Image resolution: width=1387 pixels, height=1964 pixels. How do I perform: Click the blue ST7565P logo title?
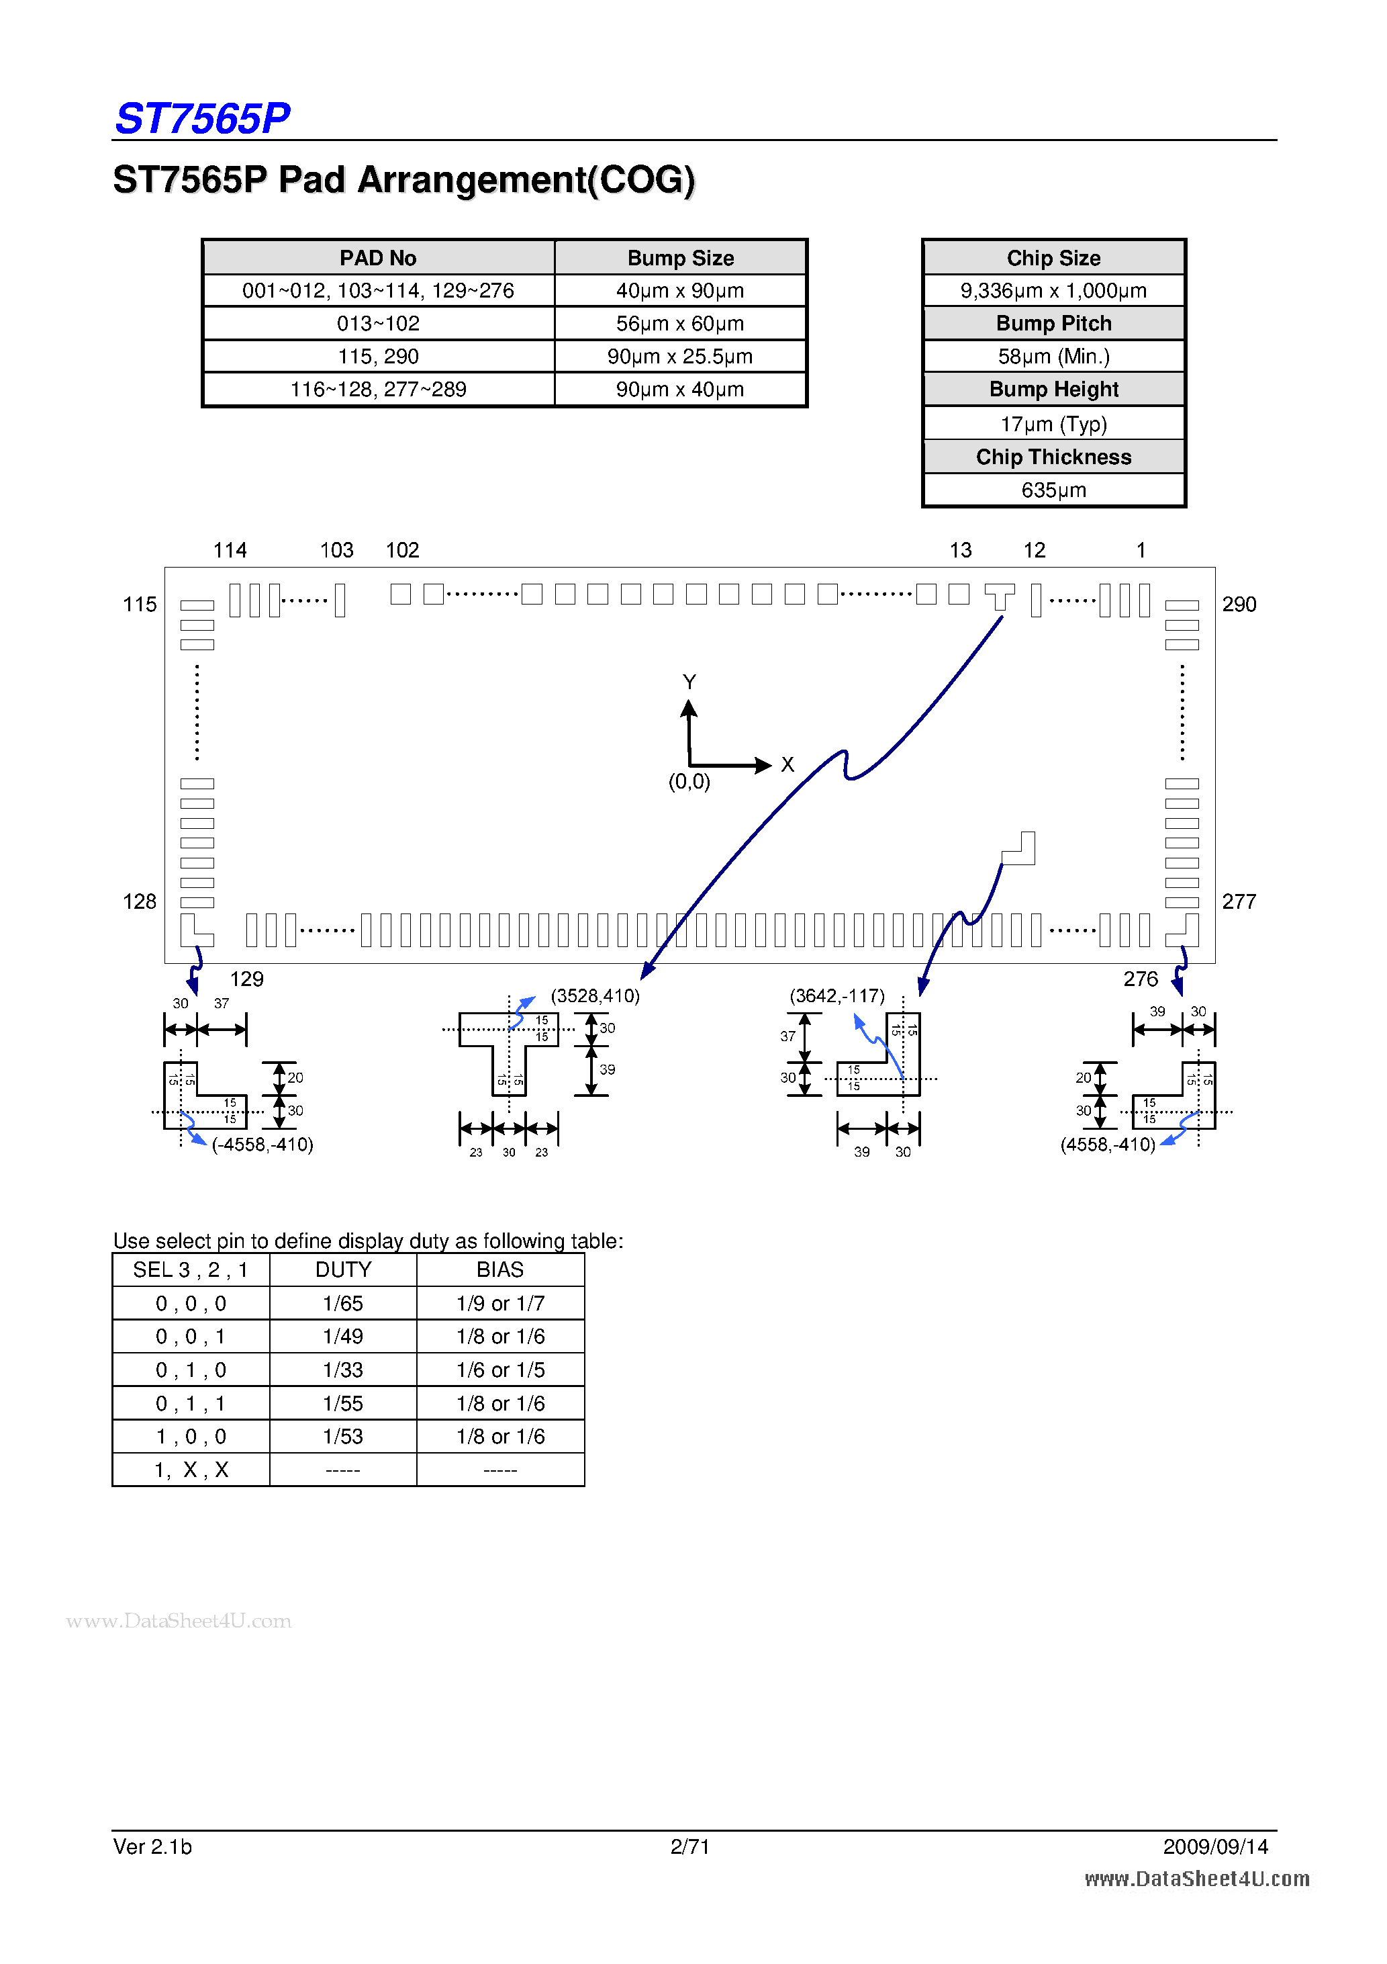pos(202,118)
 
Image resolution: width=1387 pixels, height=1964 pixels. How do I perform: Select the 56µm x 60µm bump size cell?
pos(680,323)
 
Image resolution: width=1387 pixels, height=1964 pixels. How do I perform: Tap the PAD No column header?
pos(378,257)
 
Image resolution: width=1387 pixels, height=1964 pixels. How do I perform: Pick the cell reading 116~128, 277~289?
pos(378,389)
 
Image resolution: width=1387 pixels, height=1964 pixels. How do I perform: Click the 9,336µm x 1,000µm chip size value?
pos(1053,291)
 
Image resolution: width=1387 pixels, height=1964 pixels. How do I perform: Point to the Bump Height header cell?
pos(1053,389)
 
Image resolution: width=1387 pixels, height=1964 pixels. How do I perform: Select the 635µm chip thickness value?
pos(1053,490)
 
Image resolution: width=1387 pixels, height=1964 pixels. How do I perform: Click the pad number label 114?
pos(229,550)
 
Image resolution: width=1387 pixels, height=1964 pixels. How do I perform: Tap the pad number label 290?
pos(1238,605)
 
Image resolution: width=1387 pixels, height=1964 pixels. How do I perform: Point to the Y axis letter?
pos(689,682)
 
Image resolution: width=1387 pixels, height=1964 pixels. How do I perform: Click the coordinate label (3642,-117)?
pos(836,995)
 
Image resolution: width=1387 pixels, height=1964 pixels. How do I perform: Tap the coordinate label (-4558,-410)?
pos(262,1145)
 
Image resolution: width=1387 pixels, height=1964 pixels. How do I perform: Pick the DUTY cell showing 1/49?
pos(343,1336)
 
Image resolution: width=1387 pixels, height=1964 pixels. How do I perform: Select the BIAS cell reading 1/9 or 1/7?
pos(500,1304)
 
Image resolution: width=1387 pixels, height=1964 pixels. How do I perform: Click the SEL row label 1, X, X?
pos(191,1470)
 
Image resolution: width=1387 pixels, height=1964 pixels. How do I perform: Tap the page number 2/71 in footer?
pos(689,1846)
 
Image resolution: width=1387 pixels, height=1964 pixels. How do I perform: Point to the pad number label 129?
pos(246,979)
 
